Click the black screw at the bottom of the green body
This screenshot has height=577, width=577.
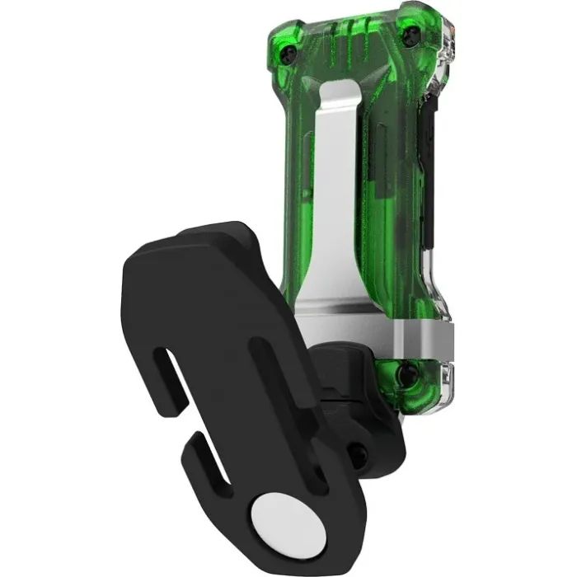(406, 375)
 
